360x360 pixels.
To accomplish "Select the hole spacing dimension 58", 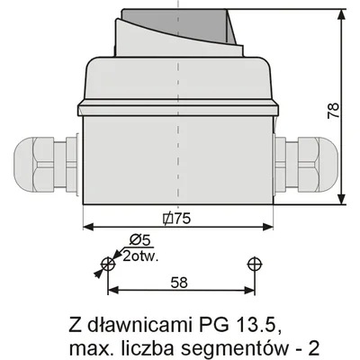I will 180,282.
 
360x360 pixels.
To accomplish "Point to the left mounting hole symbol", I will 107,264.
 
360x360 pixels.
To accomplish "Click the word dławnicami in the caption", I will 135,322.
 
